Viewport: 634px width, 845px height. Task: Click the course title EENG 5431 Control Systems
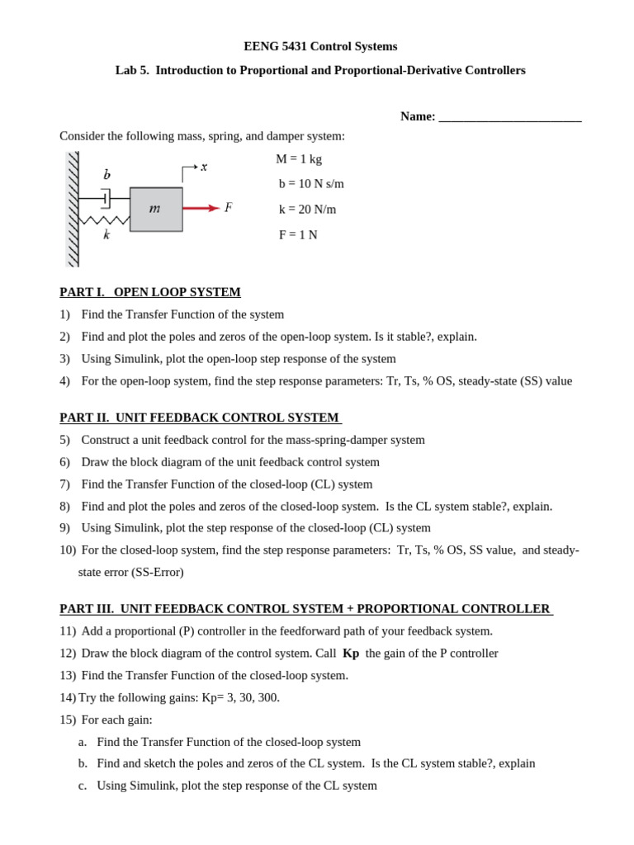pyautogui.click(x=320, y=46)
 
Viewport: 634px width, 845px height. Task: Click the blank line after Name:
pyautogui.click(x=509, y=117)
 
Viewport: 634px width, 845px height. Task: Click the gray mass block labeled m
pyautogui.click(x=156, y=210)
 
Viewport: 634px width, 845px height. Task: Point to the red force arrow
pyautogui.click(x=201, y=208)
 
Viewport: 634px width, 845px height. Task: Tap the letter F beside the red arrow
pyautogui.click(x=228, y=208)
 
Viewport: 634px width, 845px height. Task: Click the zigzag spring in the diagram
pyautogui.click(x=104, y=220)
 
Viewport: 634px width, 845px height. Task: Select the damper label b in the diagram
pyautogui.click(x=106, y=175)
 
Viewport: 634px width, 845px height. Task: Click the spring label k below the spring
pyautogui.click(x=106, y=235)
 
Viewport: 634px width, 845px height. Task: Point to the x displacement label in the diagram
pyautogui.click(x=204, y=167)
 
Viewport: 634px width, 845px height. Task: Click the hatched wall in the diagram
pyautogui.click(x=73, y=210)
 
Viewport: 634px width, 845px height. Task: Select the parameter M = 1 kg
pyautogui.click(x=299, y=159)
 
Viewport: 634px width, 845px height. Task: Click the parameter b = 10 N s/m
pyautogui.click(x=311, y=184)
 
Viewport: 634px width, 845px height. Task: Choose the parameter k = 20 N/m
pyautogui.click(x=307, y=210)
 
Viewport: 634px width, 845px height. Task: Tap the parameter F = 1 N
pyautogui.click(x=298, y=235)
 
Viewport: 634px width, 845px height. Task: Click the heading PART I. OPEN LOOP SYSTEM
pyautogui.click(x=150, y=292)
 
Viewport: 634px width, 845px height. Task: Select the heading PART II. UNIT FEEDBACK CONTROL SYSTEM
pyautogui.click(x=200, y=418)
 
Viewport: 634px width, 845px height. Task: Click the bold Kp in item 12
pyautogui.click(x=351, y=654)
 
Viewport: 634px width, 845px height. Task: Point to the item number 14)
pyautogui.click(x=68, y=697)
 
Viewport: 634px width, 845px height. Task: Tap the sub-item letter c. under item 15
pyautogui.click(x=83, y=786)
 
